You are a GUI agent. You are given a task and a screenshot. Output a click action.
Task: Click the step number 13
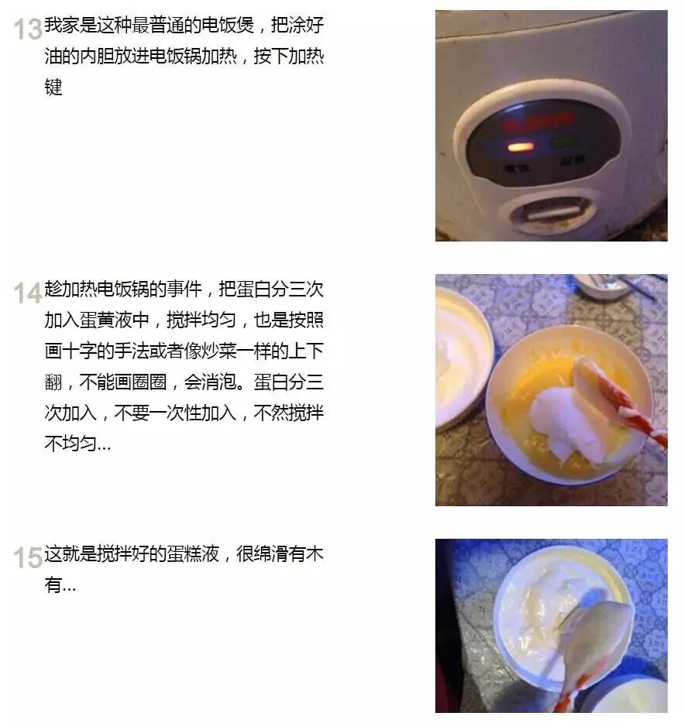28,29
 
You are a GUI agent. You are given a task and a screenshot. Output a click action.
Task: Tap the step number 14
28,293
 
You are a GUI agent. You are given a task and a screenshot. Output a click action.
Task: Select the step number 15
28,557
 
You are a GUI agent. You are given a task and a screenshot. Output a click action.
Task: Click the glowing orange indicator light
521,148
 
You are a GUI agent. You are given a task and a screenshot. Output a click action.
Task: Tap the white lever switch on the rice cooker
553,213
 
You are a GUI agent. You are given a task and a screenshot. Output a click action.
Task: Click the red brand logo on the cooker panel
538,122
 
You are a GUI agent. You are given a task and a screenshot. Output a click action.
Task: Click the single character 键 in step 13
53,87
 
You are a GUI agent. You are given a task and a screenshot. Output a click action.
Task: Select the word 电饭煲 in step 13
229,25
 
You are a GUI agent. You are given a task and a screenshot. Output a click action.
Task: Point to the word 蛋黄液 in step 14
105,320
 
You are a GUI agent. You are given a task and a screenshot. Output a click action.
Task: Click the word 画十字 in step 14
70,351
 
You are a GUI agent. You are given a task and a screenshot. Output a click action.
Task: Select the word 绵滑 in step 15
271,553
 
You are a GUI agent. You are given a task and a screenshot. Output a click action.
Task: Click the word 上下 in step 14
307,351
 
